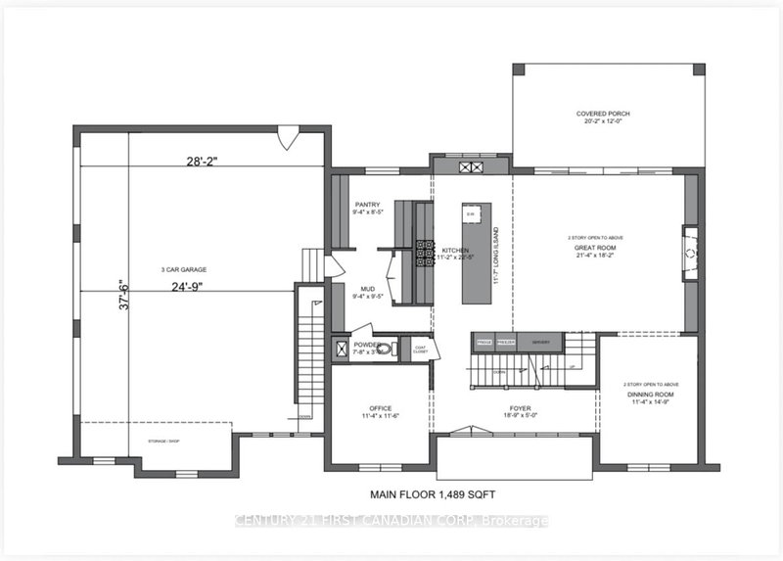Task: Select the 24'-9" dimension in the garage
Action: tap(204, 289)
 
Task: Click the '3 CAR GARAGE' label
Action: tap(184, 269)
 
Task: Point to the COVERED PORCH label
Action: tap(603, 114)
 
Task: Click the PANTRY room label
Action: tap(367, 205)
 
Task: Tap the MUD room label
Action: tap(367, 290)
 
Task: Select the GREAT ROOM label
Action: tap(592, 247)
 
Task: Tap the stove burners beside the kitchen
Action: tap(425, 253)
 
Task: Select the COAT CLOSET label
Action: tap(420, 349)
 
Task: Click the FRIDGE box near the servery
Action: tap(484, 342)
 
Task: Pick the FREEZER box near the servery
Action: tap(506, 342)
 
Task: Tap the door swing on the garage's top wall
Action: tap(285, 141)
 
